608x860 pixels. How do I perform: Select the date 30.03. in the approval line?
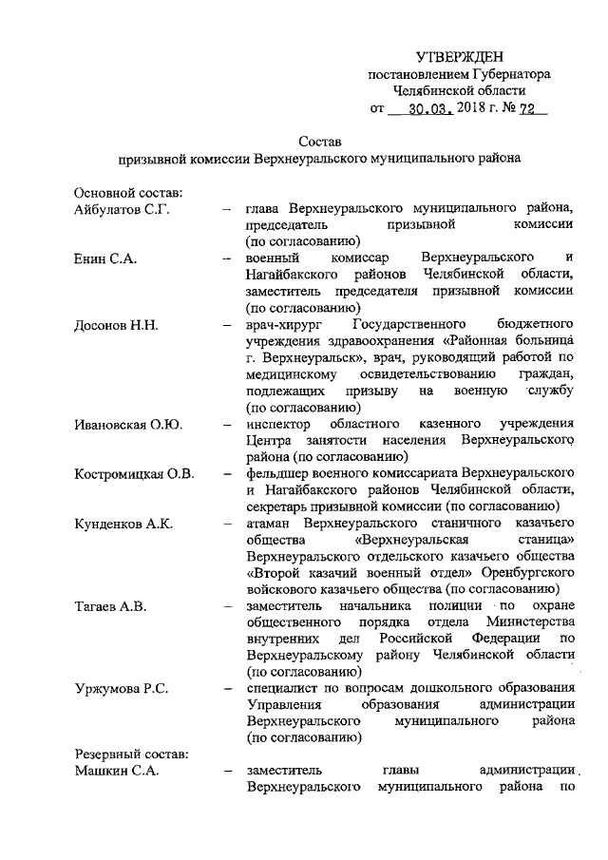(x=425, y=109)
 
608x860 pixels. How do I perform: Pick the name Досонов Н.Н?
(x=116, y=325)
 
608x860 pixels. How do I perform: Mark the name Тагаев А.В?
(x=111, y=606)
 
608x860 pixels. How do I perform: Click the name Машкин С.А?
(x=117, y=771)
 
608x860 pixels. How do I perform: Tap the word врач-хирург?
(x=281, y=325)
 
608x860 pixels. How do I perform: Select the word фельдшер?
(x=275, y=473)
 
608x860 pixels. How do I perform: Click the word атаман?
(x=268, y=524)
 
